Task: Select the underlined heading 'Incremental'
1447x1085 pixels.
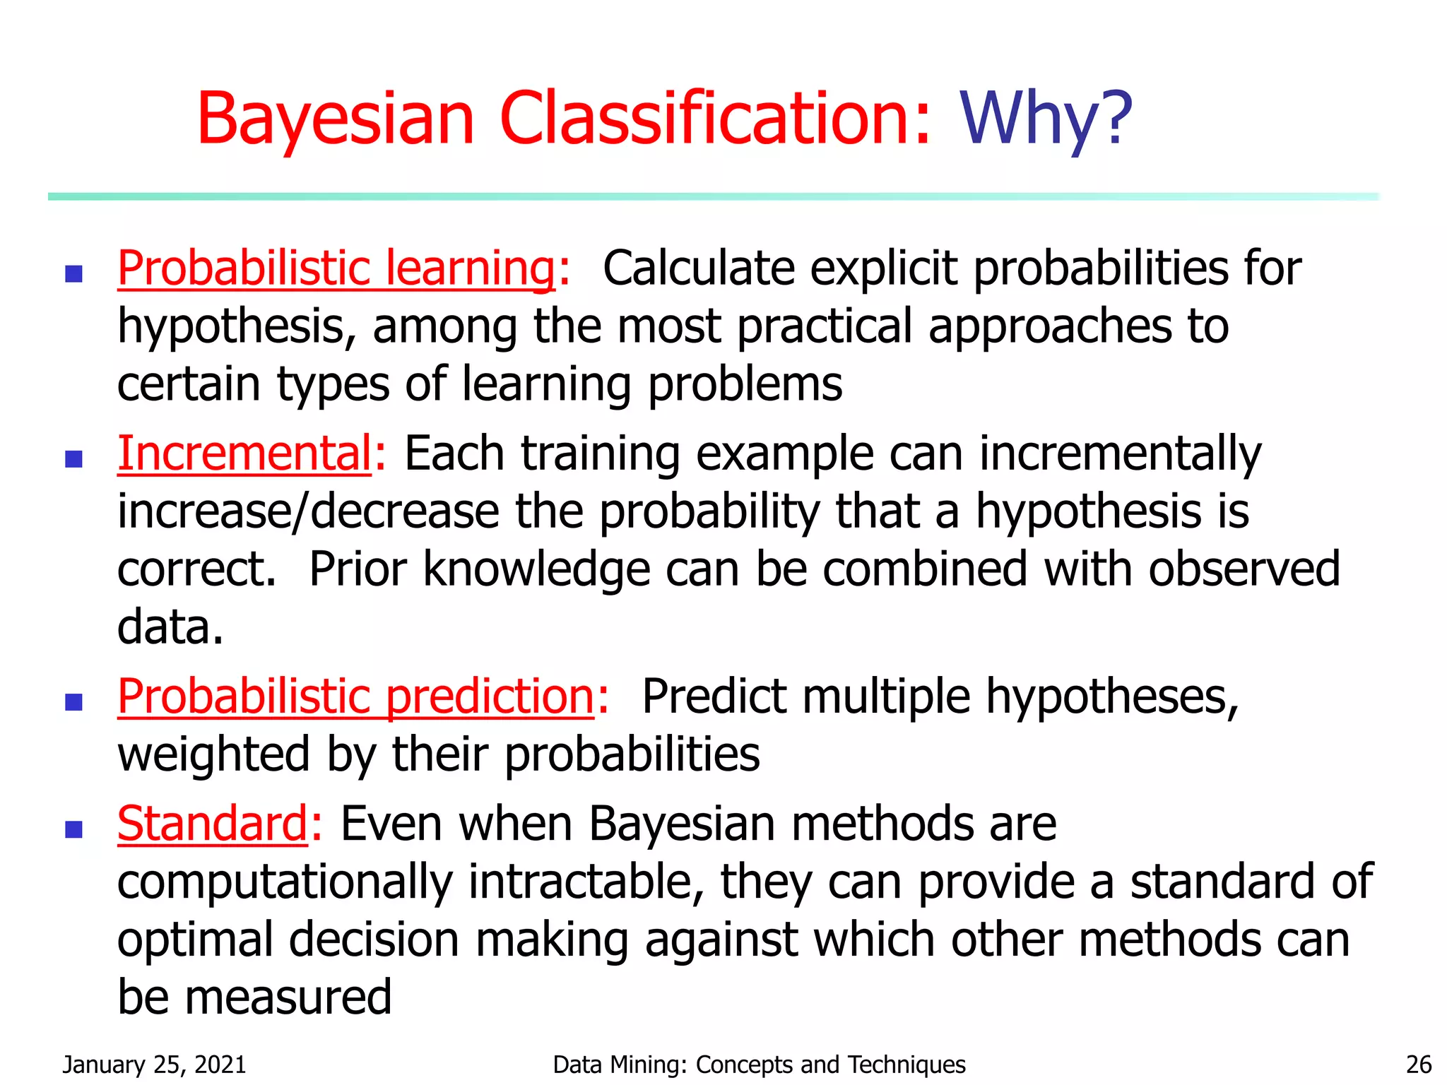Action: pyautogui.click(x=244, y=453)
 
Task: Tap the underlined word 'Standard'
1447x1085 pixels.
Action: pyautogui.click(x=212, y=824)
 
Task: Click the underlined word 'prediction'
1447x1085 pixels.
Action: pyautogui.click(x=490, y=696)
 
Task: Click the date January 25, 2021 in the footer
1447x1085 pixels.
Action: pyautogui.click(x=154, y=1064)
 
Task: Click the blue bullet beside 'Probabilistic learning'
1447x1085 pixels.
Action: pyautogui.click(x=73, y=273)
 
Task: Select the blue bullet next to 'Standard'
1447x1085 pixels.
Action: pyautogui.click(x=73, y=829)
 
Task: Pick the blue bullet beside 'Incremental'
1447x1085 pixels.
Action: pyautogui.click(x=73, y=459)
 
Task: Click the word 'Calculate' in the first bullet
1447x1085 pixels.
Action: pyautogui.click(x=698, y=268)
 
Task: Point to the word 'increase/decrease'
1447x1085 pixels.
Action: pyautogui.click(x=308, y=511)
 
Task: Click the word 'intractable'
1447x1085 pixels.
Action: pyautogui.click(x=585, y=882)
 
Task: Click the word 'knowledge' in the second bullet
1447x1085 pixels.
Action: pyautogui.click(x=536, y=569)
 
